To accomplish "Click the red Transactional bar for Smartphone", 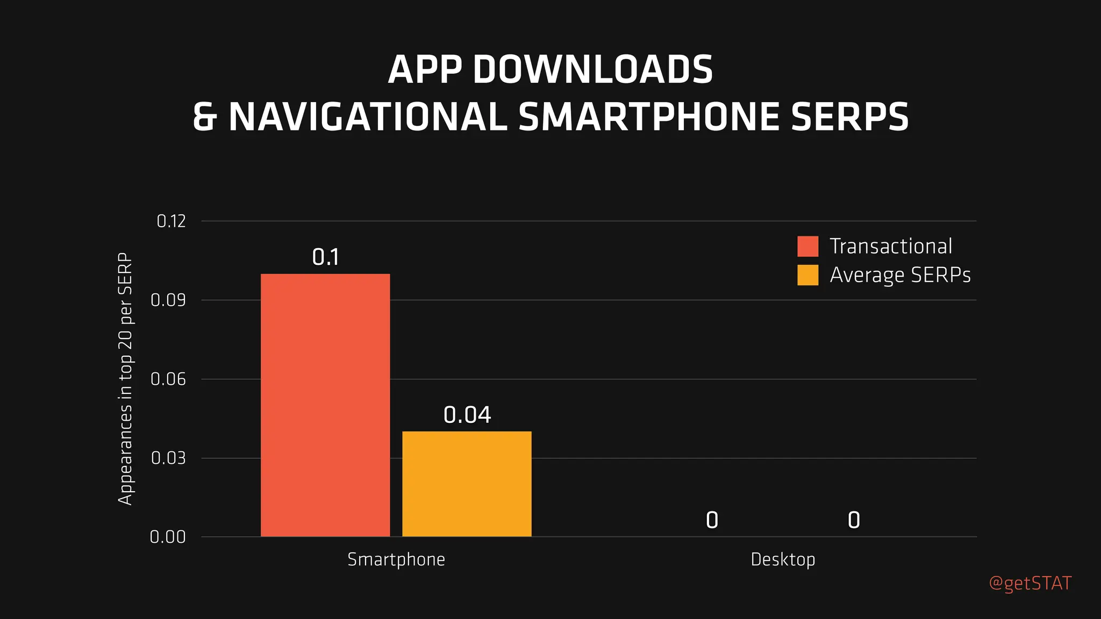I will click(325, 405).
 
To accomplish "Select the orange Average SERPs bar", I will click(467, 484).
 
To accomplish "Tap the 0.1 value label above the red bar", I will click(325, 257).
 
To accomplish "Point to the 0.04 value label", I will click(467, 415).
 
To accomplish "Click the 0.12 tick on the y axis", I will click(171, 221).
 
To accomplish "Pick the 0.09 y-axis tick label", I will click(168, 300).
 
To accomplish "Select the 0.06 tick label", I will click(168, 379).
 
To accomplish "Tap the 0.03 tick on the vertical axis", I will click(168, 458).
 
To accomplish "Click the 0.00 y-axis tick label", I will click(168, 537).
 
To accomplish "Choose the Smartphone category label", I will click(396, 560).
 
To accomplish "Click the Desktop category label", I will click(783, 560).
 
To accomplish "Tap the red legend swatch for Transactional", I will click(807, 246).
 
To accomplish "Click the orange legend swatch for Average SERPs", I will click(807, 275).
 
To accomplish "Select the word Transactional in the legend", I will click(891, 246).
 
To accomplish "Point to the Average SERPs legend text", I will click(900, 275).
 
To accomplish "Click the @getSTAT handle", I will click(1030, 584).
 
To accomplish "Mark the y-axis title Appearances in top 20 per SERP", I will click(125, 379).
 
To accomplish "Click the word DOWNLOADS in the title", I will click(592, 70).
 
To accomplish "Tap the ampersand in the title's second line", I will click(205, 117).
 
